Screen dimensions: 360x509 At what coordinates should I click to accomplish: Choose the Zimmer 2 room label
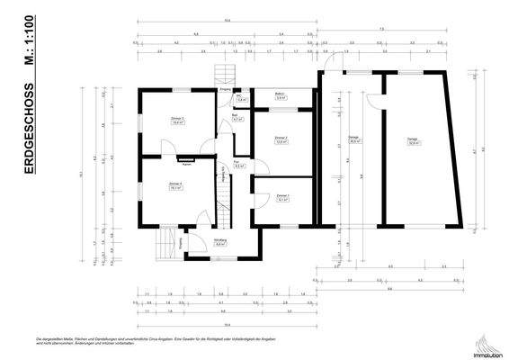(x=281, y=139)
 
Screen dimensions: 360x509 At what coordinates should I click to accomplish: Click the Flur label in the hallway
(x=239, y=166)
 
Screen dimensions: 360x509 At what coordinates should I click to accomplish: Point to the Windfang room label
(x=219, y=242)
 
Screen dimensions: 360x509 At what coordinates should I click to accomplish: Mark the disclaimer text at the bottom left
(x=135, y=341)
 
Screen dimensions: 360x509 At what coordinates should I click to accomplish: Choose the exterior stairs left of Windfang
(x=165, y=242)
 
